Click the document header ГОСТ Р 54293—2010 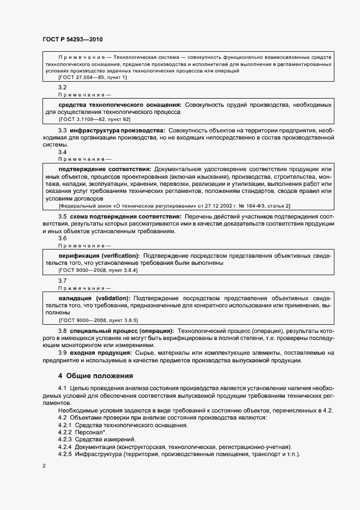(x=72, y=40)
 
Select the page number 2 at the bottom (x=44, y=465)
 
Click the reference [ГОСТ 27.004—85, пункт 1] (x=93, y=78)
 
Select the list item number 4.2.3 (x=65, y=439)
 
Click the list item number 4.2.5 (x=65, y=454)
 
